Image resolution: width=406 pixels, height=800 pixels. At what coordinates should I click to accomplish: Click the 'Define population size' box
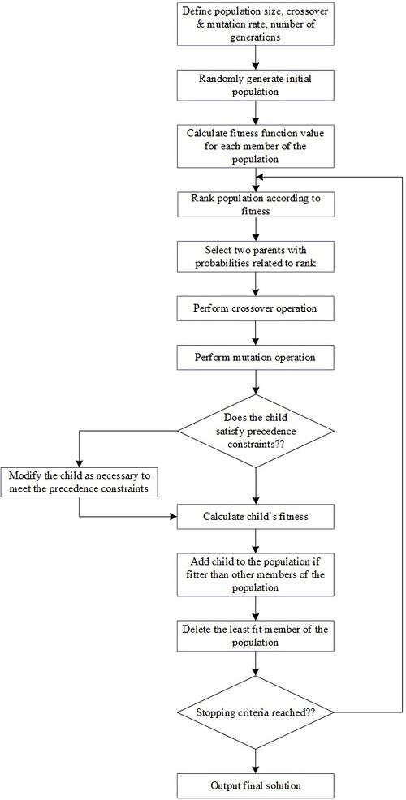tap(256, 24)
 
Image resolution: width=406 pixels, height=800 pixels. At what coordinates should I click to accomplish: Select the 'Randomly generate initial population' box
tap(256, 84)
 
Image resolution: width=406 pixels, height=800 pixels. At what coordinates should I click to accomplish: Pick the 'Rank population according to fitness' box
tap(256, 203)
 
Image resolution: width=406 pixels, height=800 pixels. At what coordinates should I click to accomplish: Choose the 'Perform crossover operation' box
tap(256, 309)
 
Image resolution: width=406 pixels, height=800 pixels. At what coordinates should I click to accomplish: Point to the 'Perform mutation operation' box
tap(256, 357)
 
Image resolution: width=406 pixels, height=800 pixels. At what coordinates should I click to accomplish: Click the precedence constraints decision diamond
tap(256, 432)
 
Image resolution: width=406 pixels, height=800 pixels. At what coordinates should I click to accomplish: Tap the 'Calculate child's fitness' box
tap(256, 515)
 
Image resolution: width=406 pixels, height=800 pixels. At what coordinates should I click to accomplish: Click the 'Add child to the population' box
tap(256, 575)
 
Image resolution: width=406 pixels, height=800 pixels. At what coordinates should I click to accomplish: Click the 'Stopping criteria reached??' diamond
tap(256, 712)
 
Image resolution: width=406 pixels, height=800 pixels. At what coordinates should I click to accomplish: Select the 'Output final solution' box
tap(256, 785)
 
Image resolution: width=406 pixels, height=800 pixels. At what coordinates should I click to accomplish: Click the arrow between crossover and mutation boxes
tap(256, 333)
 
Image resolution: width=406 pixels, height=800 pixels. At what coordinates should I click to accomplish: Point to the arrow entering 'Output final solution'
tap(256, 760)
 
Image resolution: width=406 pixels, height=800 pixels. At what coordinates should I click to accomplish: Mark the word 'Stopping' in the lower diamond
tap(220, 712)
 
